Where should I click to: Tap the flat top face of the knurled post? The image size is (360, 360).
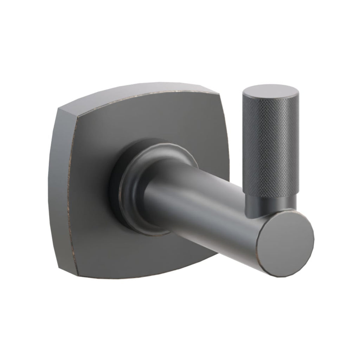click(270, 91)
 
